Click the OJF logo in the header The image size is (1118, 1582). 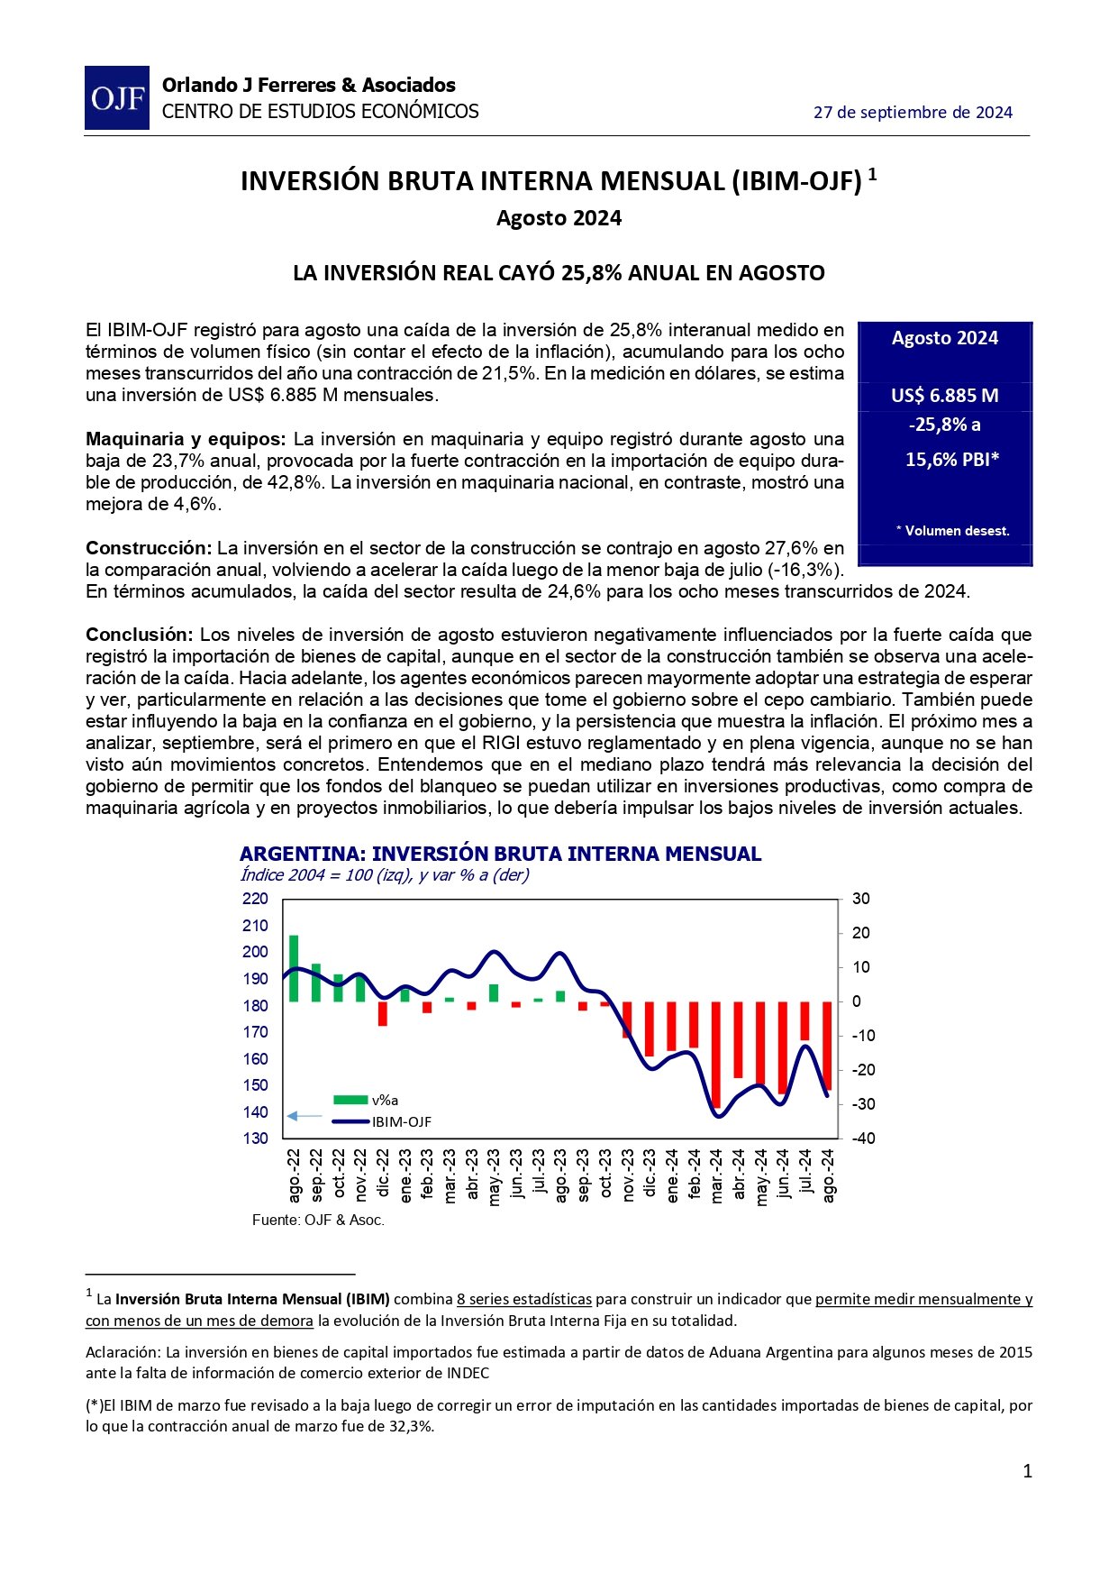pyautogui.click(x=117, y=97)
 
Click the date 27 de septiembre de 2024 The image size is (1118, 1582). pyautogui.click(x=913, y=113)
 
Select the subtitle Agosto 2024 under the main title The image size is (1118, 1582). pyautogui.click(x=559, y=218)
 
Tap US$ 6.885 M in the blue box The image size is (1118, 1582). pyautogui.click(x=944, y=396)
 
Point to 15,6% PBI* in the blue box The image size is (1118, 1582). pyautogui.click(x=952, y=460)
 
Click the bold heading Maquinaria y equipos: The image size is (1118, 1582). pyautogui.click(x=186, y=439)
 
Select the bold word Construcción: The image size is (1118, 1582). pyautogui.click(x=149, y=548)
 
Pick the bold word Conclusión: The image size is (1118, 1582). pyautogui.click(x=140, y=635)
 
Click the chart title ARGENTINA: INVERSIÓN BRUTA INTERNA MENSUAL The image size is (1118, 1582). pyautogui.click(x=500, y=854)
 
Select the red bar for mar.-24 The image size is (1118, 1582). pyautogui.click(x=716, y=1054)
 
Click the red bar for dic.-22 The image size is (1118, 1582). pyautogui.click(x=383, y=1013)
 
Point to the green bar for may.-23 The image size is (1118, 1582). pyautogui.click(x=494, y=992)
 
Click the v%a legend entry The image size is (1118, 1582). pyautogui.click(x=365, y=1100)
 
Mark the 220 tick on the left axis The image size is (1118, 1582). pyautogui.click(x=256, y=899)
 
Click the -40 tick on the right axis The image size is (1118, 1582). pyautogui.click(x=861, y=1138)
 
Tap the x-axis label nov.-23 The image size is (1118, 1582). pyautogui.click(x=628, y=1175)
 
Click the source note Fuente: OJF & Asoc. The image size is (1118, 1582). pyautogui.click(x=318, y=1221)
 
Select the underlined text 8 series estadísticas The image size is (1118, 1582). pyautogui.click(x=524, y=1299)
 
